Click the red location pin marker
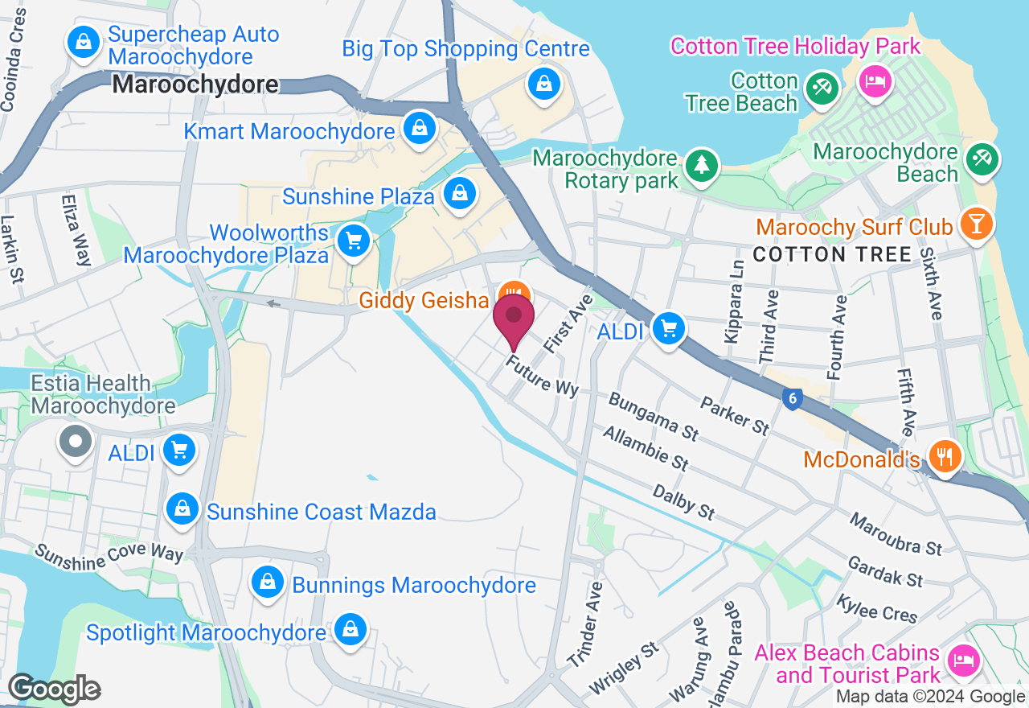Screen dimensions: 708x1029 [514, 318]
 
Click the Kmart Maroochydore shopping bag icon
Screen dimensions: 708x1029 [419, 127]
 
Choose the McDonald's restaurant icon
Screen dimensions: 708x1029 [945, 455]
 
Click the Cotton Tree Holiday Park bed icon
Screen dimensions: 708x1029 [874, 81]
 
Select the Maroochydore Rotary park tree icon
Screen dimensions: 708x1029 [702, 165]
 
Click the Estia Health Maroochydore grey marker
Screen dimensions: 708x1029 [76, 441]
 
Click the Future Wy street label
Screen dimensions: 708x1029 [542, 377]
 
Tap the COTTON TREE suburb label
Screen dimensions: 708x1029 [832, 255]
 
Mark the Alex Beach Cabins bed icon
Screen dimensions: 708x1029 [962, 661]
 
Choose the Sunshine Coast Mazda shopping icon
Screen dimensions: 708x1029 [182, 509]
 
